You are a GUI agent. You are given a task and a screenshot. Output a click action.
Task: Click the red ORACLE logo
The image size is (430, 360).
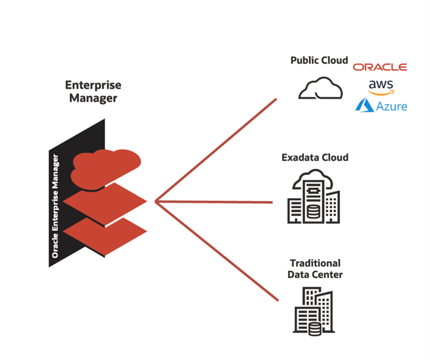click(380, 67)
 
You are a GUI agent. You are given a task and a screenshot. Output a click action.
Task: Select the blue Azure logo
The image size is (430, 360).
click(381, 106)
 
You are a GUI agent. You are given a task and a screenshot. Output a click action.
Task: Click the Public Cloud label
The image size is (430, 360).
click(319, 61)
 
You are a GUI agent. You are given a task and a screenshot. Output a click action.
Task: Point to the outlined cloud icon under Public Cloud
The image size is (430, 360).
click(321, 89)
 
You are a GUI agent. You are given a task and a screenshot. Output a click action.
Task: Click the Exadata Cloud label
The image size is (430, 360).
click(315, 157)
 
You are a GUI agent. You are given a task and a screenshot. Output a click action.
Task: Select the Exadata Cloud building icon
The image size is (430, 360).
click(313, 196)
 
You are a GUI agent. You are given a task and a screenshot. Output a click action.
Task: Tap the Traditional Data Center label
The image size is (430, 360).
click(315, 269)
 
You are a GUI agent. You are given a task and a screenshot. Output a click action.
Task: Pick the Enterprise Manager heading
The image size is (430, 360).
click(93, 91)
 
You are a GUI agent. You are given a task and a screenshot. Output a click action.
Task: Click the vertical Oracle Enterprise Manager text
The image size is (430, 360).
click(56, 205)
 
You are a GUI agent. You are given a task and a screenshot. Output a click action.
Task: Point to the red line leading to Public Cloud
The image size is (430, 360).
click(214, 151)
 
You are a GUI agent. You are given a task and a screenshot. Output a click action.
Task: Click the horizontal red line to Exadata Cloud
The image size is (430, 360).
click(214, 201)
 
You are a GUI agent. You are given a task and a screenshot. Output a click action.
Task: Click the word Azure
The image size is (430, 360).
click(391, 107)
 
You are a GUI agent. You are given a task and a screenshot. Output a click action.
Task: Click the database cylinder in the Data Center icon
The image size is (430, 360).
click(315, 328)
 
